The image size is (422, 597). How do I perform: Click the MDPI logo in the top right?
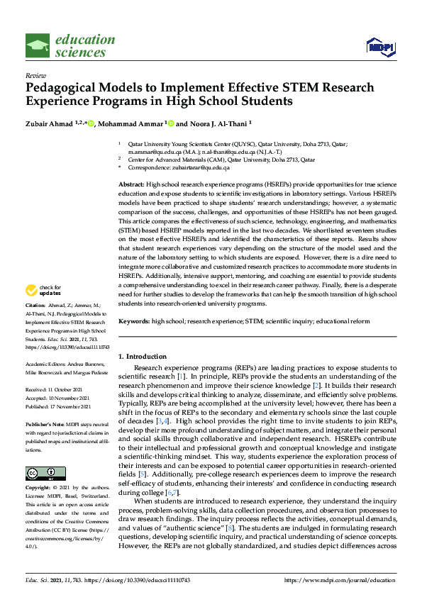380,47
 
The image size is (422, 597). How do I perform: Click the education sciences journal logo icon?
37,46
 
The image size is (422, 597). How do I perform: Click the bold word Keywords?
134,321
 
